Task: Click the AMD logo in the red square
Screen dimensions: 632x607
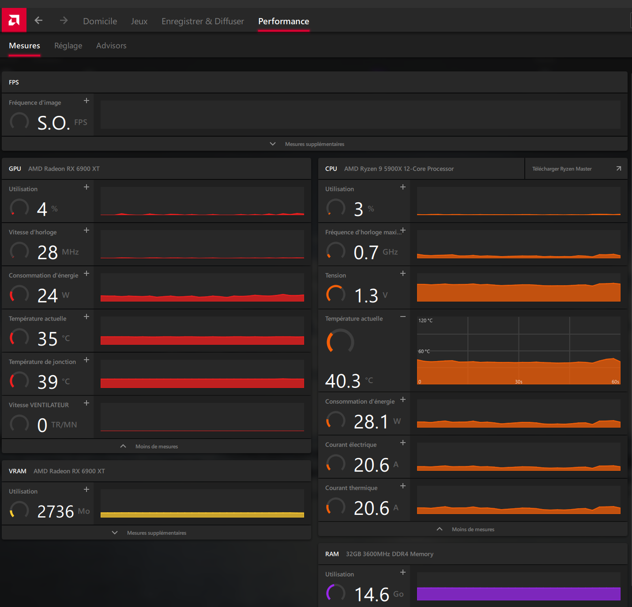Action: point(14,20)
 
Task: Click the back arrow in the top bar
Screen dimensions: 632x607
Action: point(39,20)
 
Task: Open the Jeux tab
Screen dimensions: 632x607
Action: point(139,21)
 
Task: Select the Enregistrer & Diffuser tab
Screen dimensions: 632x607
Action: point(203,21)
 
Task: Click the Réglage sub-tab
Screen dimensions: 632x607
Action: point(68,46)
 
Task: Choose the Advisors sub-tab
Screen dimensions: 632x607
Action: point(111,45)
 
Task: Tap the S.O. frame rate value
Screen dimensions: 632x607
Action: point(53,123)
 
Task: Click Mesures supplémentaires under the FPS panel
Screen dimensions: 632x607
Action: point(314,144)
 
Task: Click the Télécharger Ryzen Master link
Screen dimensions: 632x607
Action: point(562,169)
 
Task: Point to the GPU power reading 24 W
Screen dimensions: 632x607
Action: point(53,295)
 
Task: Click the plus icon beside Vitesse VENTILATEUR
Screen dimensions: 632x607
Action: point(87,403)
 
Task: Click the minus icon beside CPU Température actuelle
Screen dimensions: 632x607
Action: point(403,317)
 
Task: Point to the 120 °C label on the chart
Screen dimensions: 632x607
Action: point(425,320)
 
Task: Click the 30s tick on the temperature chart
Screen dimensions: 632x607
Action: point(519,382)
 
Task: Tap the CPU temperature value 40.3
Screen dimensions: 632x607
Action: point(342,381)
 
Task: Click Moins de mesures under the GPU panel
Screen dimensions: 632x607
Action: point(157,447)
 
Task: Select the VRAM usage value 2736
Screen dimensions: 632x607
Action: point(56,512)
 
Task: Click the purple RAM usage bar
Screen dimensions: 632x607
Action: point(519,594)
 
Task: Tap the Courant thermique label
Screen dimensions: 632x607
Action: point(351,488)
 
